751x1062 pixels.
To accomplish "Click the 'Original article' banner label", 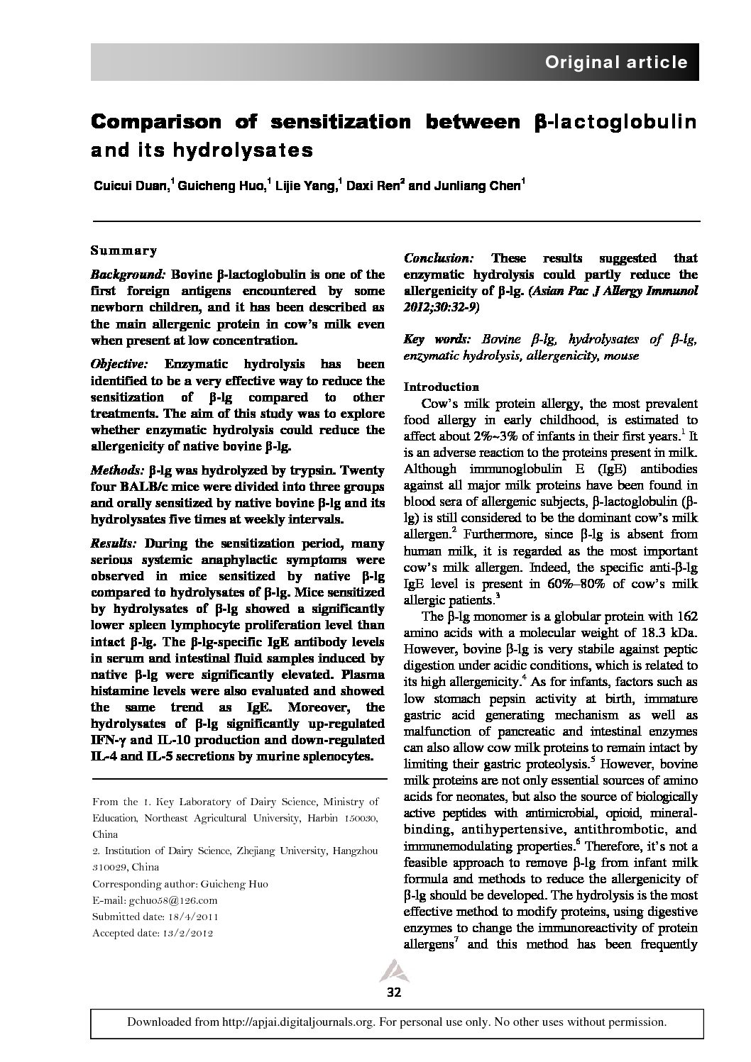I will (x=616, y=62).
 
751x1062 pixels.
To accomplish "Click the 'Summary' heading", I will (x=124, y=250).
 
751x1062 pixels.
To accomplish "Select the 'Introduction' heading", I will (x=441, y=387).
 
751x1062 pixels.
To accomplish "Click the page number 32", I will (x=394, y=992).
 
